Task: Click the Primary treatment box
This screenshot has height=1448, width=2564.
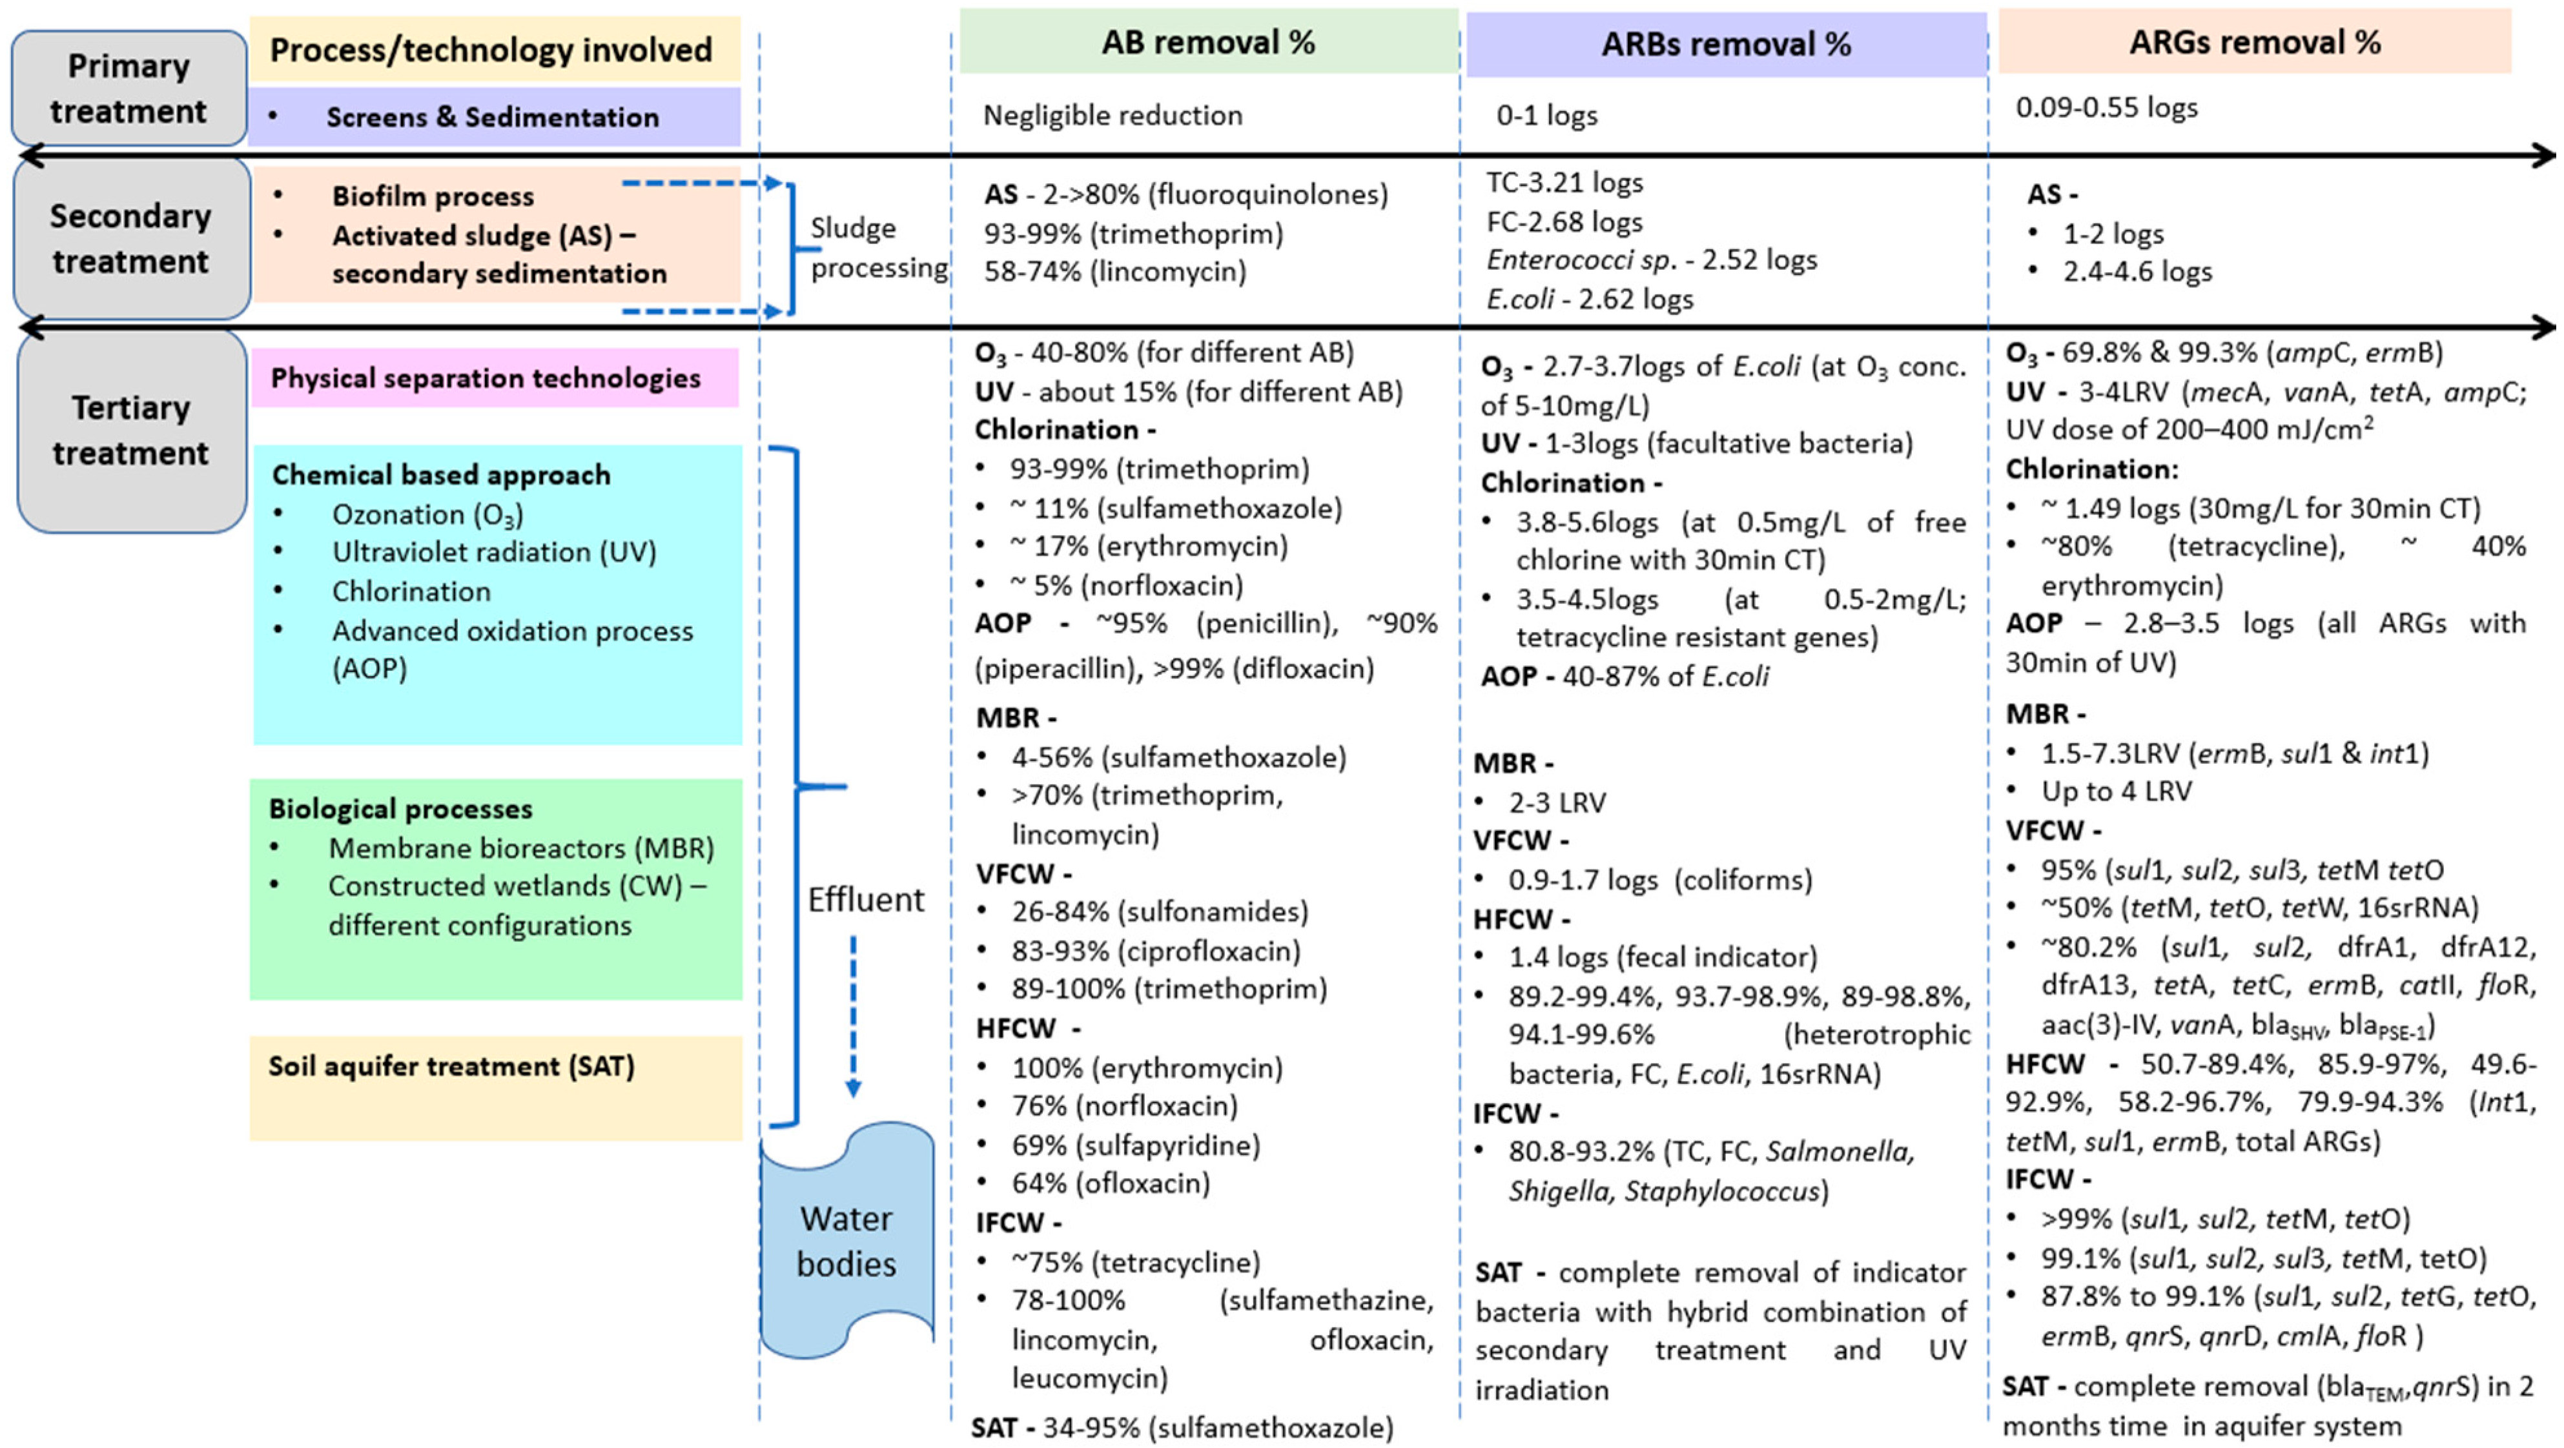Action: (128, 88)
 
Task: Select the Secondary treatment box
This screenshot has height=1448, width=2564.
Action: (130, 239)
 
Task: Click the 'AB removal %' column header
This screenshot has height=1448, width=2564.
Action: (1207, 42)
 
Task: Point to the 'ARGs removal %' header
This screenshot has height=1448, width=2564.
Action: (2255, 42)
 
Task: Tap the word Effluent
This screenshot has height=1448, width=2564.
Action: (865, 900)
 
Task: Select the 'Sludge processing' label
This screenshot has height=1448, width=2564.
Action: (878, 248)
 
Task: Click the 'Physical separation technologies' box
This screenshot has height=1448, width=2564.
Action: (494, 378)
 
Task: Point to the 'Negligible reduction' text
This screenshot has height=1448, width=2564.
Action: (1112, 116)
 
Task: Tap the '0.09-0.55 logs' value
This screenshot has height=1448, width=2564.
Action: (2106, 107)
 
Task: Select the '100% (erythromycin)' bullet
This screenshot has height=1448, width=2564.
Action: (1147, 1068)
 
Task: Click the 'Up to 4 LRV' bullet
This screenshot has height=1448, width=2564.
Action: (2116, 791)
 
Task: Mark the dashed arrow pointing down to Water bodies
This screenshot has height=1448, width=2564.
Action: (853, 1015)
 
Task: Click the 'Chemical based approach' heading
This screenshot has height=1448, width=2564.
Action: (441, 474)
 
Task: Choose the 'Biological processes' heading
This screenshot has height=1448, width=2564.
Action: (400, 808)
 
